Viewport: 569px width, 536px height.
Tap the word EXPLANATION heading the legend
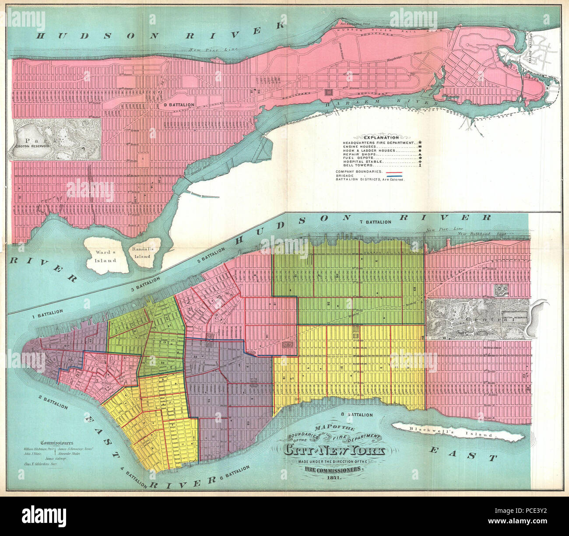coord(379,137)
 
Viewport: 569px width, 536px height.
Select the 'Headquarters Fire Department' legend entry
coord(378,143)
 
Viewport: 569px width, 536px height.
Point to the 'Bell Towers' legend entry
coord(358,165)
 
